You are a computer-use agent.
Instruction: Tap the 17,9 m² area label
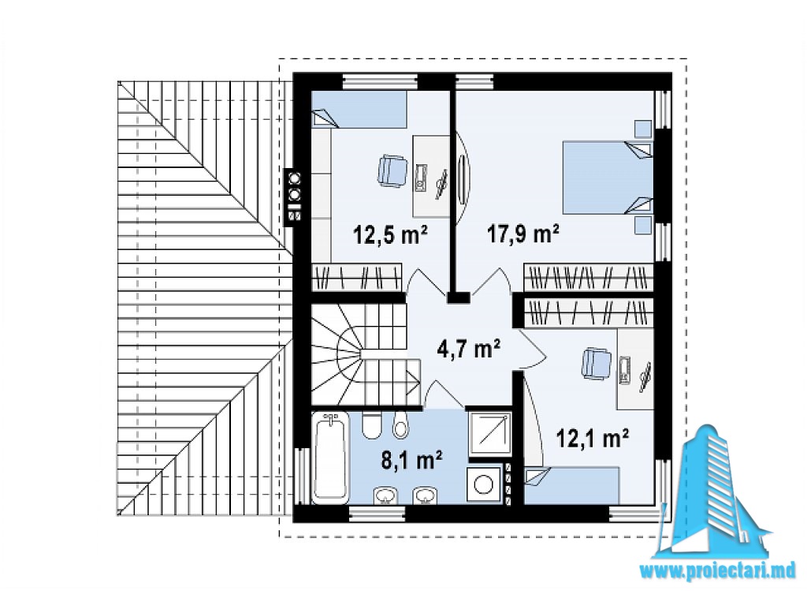pyautogui.click(x=523, y=235)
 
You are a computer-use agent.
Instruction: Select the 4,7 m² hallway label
pyautogui.click(x=468, y=349)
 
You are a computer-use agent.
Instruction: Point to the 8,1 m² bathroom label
pyautogui.click(x=411, y=460)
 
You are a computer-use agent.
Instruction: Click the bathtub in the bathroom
pyautogui.click(x=330, y=456)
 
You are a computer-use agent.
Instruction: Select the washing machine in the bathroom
pyautogui.click(x=485, y=484)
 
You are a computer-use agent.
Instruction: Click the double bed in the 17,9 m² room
pyautogui.click(x=608, y=178)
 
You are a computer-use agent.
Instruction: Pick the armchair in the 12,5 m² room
pyautogui.click(x=392, y=171)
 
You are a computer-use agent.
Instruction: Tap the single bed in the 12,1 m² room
pyautogui.click(x=572, y=484)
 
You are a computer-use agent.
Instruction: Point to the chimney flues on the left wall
pyautogui.click(x=295, y=196)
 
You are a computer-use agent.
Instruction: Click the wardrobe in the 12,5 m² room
pyautogui.click(x=357, y=277)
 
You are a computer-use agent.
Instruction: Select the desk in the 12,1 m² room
pyautogui.click(x=635, y=369)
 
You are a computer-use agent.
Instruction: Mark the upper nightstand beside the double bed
pyautogui.click(x=643, y=129)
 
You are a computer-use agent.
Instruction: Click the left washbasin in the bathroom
pyautogui.click(x=385, y=496)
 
